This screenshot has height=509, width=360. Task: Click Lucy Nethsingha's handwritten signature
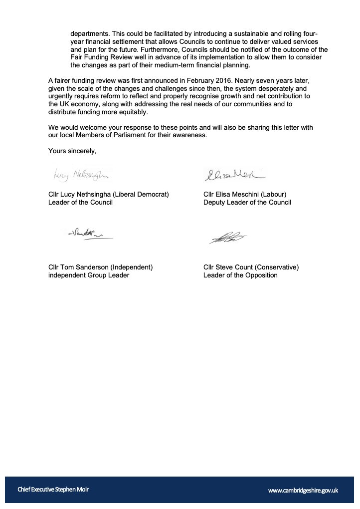pyautogui.click(x=80, y=175)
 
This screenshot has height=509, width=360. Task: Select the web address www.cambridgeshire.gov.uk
pyautogui.click(x=303, y=491)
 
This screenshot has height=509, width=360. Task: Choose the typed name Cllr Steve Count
pyautogui.click(x=228, y=267)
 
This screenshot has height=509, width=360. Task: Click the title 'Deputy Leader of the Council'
pyautogui.click(x=247, y=203)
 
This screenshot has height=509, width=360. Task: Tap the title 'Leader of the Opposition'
pyautogui.click(x=240, y=275)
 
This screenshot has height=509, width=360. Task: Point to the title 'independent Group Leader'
pyautogui.click(x=89, y=275)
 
